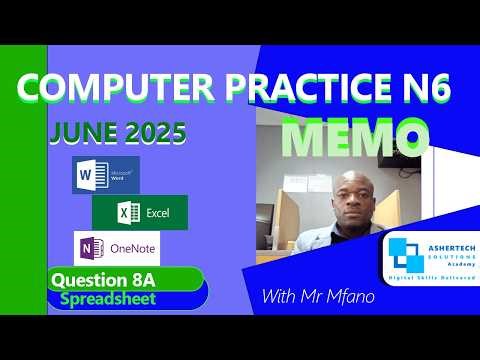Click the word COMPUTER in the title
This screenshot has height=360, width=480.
tap(104, 92)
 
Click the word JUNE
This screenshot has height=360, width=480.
tap(76, 134)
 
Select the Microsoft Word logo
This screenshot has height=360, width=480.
tap(106, 176)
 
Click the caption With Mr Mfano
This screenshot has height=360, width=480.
tap(317, 296)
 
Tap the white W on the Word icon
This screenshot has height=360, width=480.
tap(84, 177)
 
